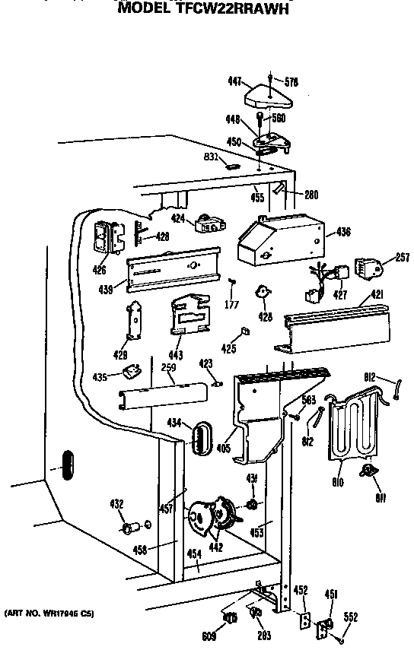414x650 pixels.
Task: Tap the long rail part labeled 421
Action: click(x=335, y=325)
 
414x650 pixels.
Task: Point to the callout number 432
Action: click(x=116, y=503)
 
